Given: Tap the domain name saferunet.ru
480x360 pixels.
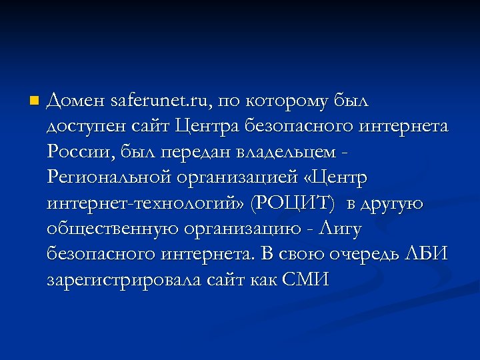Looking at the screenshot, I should (161, 102).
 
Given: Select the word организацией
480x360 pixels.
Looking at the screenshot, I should (237, 178).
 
